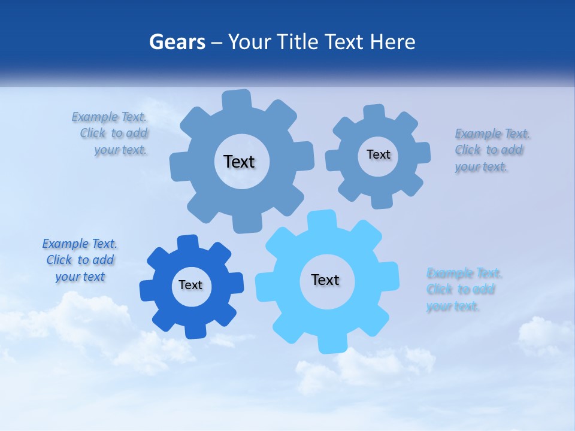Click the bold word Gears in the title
click(172, 43)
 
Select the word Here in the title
click(392, 43)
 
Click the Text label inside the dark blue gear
click(190, 286)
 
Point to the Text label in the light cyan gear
click(325, 280)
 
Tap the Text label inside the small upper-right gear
click(378, 154)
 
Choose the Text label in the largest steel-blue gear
click(239, 162)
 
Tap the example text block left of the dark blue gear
click(80, 260)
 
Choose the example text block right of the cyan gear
click(462, 290)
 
